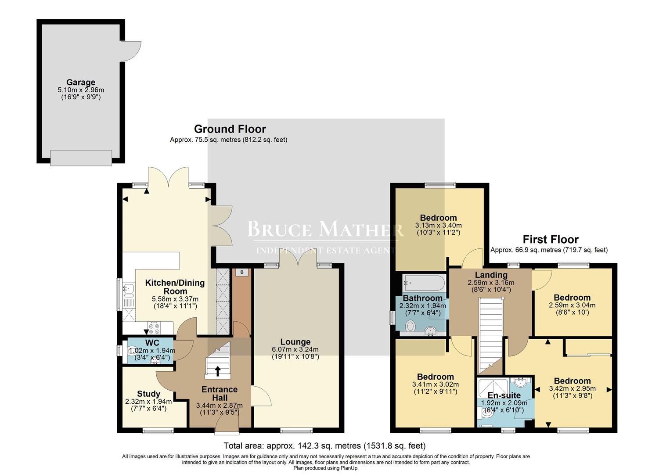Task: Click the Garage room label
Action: click(x=81, y=83)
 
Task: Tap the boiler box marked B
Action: click(x=241, y=272)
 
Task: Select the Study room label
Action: click(x=148, y=394)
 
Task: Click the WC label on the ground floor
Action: click(x=152, y=343)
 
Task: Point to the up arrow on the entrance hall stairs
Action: click(x=217, y=371)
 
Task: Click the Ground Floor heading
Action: click(x=230, y=129)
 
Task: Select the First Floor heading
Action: click(x=550, y=240)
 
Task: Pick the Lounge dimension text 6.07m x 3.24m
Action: click(x=295, y=349)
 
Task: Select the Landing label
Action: click(x=491, y=275)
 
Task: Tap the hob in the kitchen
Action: click(x=154, y=327)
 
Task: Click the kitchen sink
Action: click(x=128, y=289)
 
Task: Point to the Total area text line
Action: click(x=324, y=446)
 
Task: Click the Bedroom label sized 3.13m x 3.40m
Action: click(x=438, y=218)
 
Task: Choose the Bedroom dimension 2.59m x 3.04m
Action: click(x=572, y=305)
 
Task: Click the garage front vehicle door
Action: click(x=81, y=158)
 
